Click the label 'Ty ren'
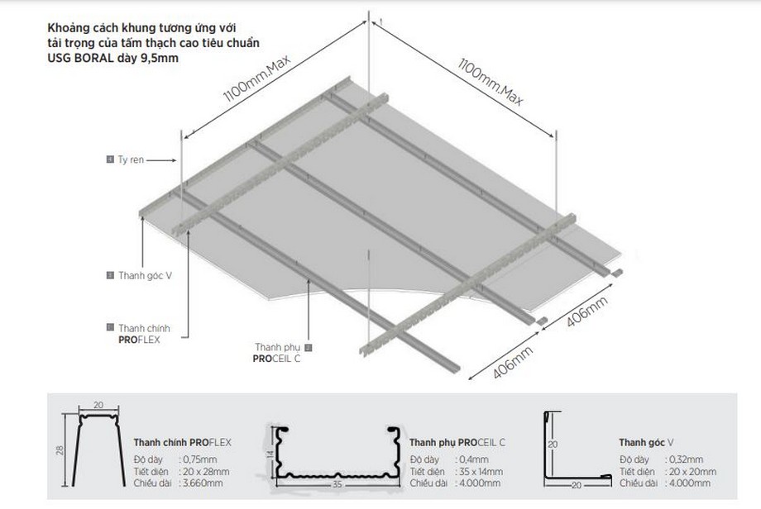131,159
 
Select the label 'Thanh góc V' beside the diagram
145,276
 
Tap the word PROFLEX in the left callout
139,340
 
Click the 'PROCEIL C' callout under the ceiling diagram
276,359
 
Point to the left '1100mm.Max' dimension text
256,78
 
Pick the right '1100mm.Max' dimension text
491,82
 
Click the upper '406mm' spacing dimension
586,312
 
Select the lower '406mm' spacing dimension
513,362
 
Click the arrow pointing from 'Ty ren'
161,160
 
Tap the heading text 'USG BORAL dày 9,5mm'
113,58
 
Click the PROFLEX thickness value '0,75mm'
200,459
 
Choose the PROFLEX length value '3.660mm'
203,483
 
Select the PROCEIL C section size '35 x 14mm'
481,471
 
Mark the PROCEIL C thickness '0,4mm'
474,459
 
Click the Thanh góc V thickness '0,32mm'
687,459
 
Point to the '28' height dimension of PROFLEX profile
60,450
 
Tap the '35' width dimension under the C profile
337,483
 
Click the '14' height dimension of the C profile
270,454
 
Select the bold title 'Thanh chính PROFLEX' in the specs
183,443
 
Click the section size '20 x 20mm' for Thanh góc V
692,471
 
